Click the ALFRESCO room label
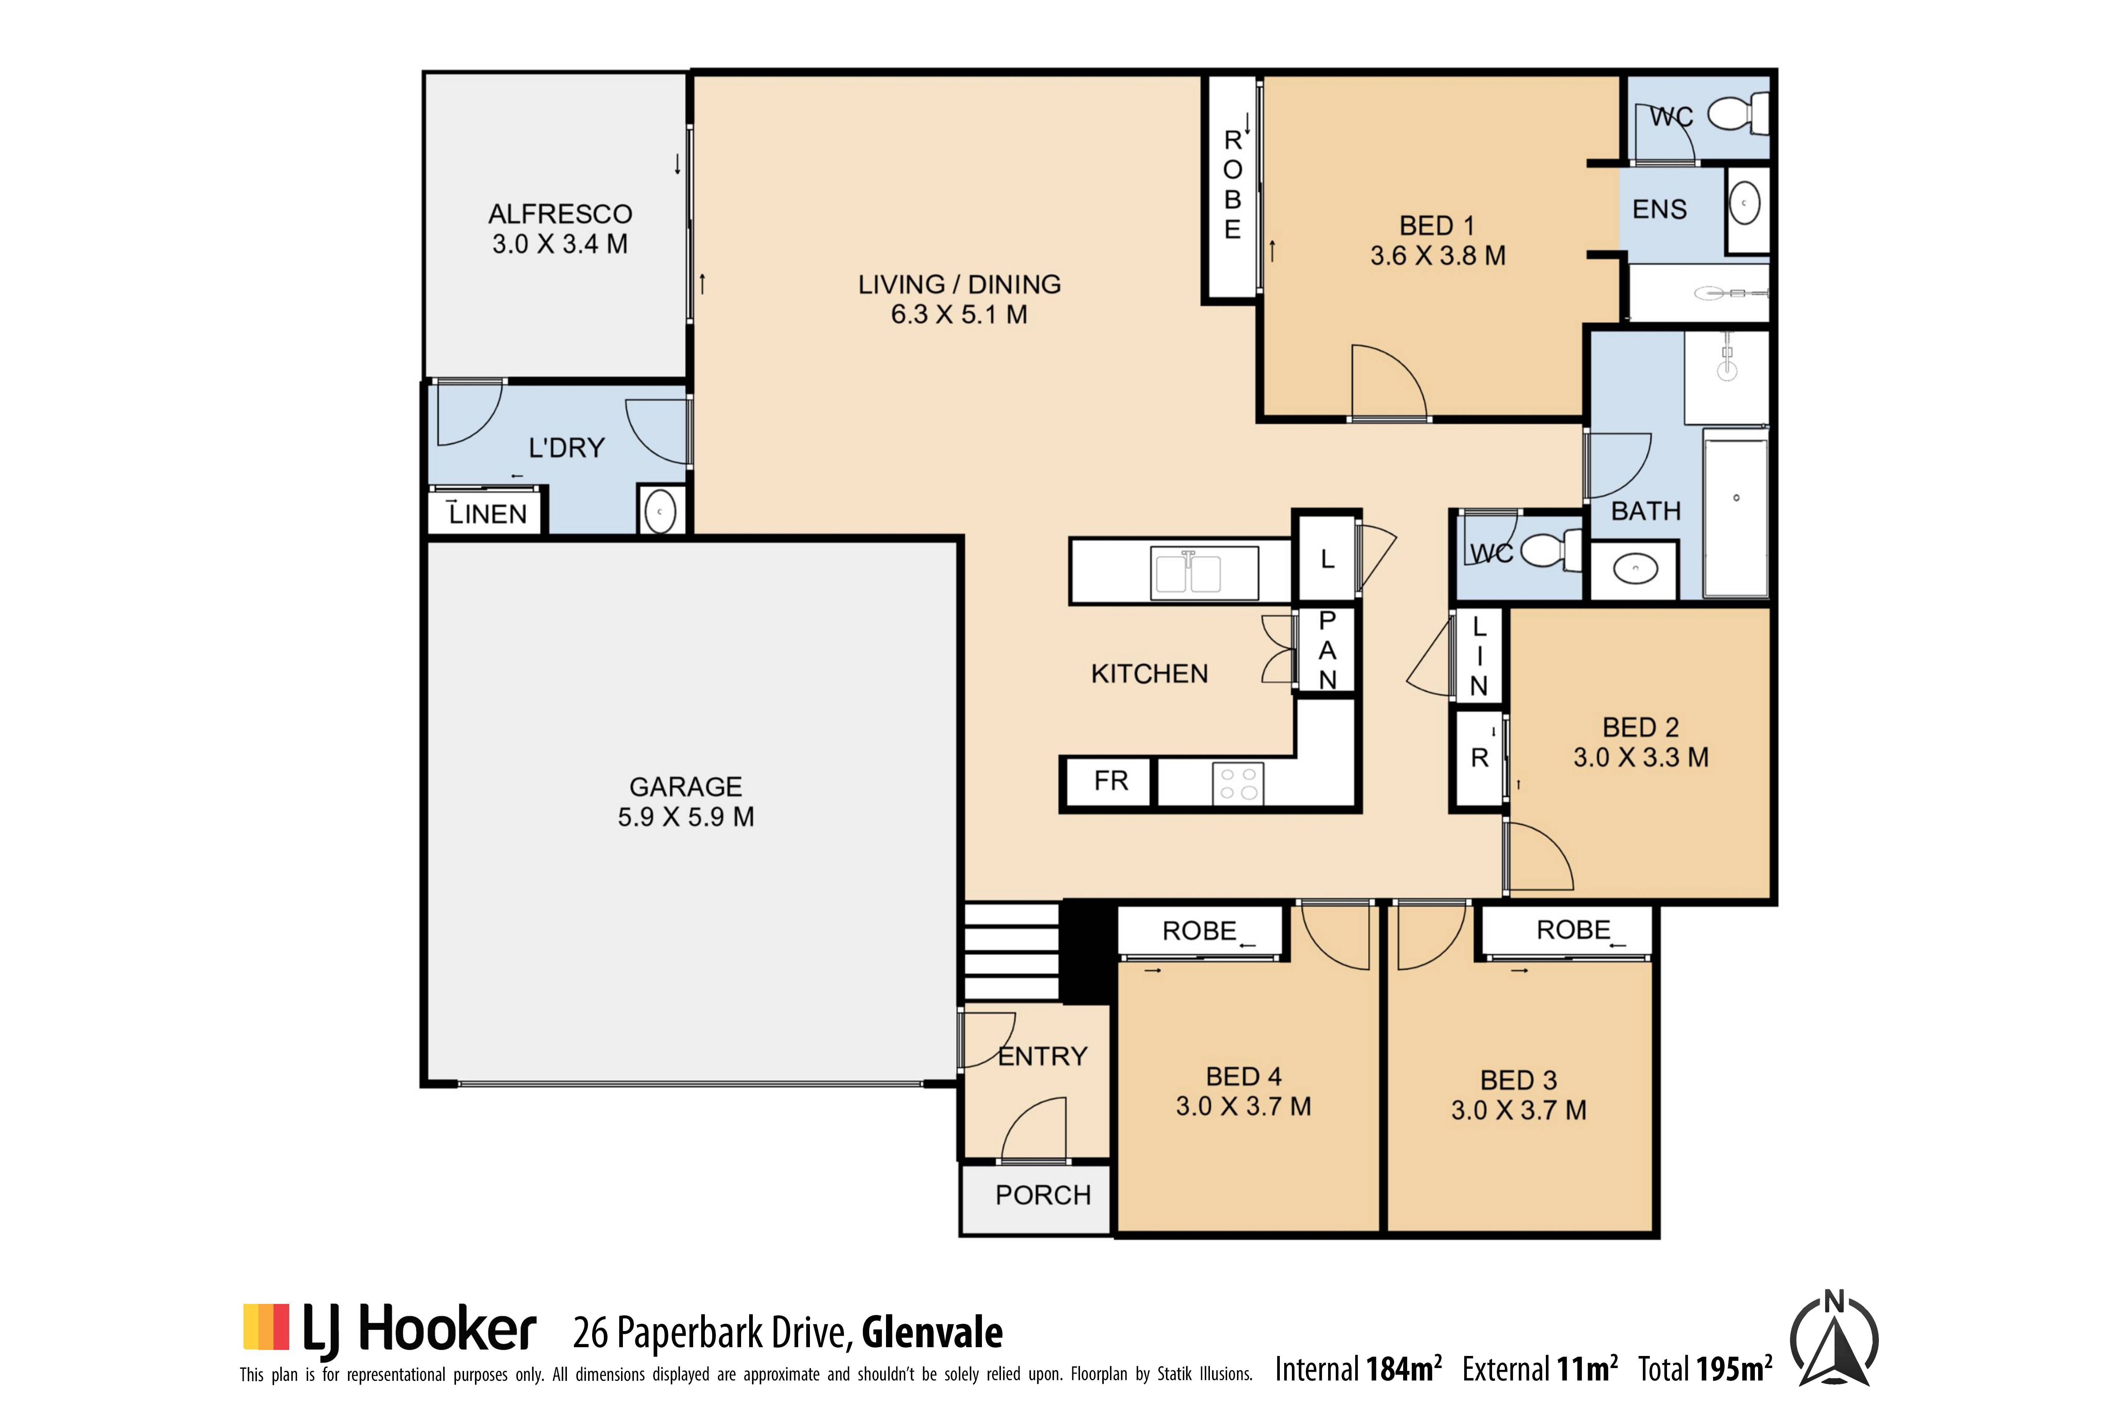pyautogui.click(x=560, y=214)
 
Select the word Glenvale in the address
pyautogui.click(x=932, y=1333)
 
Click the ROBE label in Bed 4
pyautogui.click(x=1199, y=931)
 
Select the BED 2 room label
pyautogui.click(x=1640, y=728)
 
